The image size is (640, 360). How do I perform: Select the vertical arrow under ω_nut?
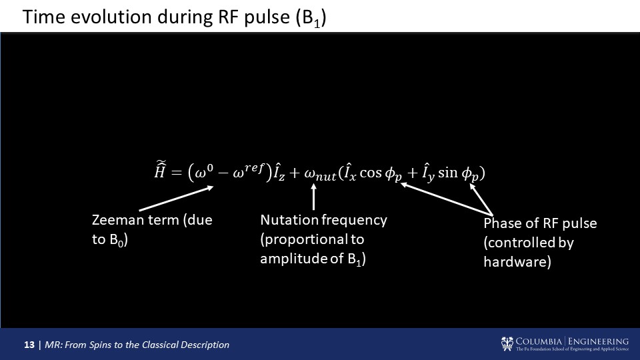(314, 197)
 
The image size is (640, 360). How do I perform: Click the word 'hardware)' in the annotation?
(517, 262)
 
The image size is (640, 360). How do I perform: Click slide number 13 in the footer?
(29, 345)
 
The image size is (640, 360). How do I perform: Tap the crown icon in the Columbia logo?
(507, 343)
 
